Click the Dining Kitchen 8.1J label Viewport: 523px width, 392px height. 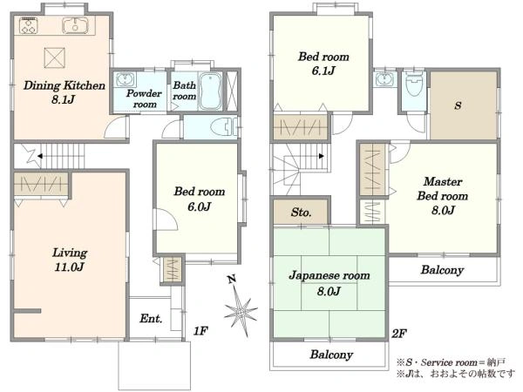point(64,92)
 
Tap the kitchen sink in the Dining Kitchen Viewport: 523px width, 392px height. point(75,25)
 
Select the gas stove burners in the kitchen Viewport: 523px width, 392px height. point(29,25)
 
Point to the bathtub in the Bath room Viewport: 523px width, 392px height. point(210,91)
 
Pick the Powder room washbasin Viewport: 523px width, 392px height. point(125,79)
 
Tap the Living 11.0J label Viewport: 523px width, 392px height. point(70,260)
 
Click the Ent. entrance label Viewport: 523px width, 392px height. point(151,319)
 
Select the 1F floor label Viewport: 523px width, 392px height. point(200,331)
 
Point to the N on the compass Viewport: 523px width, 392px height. point(232,279)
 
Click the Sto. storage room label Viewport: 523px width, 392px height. point(301,213)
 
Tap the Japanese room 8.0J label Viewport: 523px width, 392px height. point(329,283)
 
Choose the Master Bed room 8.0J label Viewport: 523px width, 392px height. point(443,196)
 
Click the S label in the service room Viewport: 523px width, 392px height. point(458,105)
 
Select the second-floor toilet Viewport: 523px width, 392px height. point(415,83)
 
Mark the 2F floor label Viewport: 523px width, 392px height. point(399,334)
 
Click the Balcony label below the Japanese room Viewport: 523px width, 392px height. point(331,355)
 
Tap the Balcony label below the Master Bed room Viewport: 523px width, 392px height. point(442,270)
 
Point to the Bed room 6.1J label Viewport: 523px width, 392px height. point(323,64)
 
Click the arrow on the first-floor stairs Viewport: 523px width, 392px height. point(40,156)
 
